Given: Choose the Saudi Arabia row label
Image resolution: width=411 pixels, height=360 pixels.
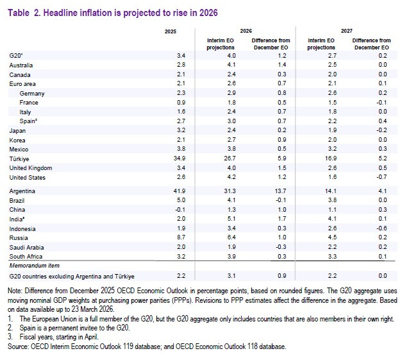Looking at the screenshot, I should pos(26,246).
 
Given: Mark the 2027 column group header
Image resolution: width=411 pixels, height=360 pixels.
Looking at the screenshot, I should pos(347,31).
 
